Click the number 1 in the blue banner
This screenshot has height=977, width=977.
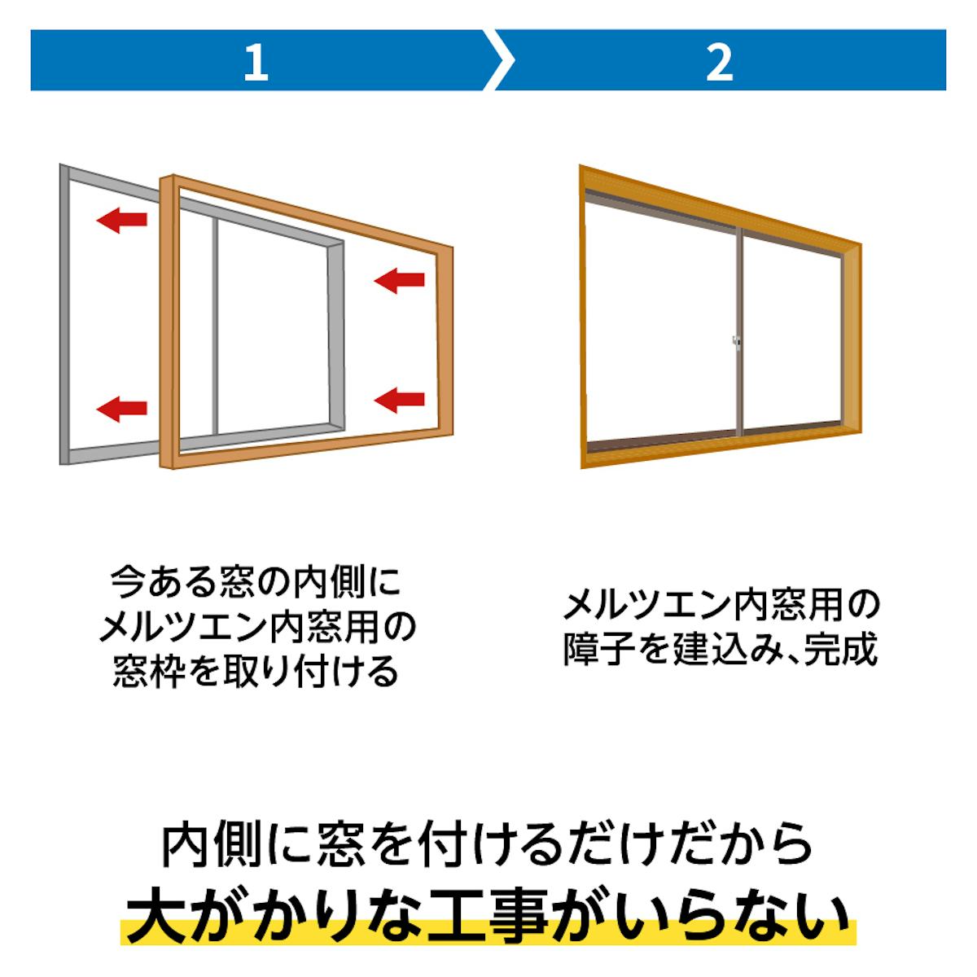(x=256, y=63)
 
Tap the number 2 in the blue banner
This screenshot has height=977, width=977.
(x=720, y=63)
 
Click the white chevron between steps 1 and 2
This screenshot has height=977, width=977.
(x=497, y=60)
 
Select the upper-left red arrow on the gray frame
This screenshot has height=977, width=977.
(x=121, y=218)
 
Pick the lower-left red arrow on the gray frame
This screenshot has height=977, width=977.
(x=121, y=408)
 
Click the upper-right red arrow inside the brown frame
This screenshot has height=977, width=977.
(x=400, y=281)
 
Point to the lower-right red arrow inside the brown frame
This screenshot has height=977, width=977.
(x=400, y=399)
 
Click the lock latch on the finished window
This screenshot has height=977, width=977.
(x=736, y=344)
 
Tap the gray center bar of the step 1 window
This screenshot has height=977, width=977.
(x=216, y=326)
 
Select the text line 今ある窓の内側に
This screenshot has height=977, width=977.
(x=256, y=584)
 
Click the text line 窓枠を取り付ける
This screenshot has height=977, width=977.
(x=256, y=673)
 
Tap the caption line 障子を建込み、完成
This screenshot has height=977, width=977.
(x=720, y=651)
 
